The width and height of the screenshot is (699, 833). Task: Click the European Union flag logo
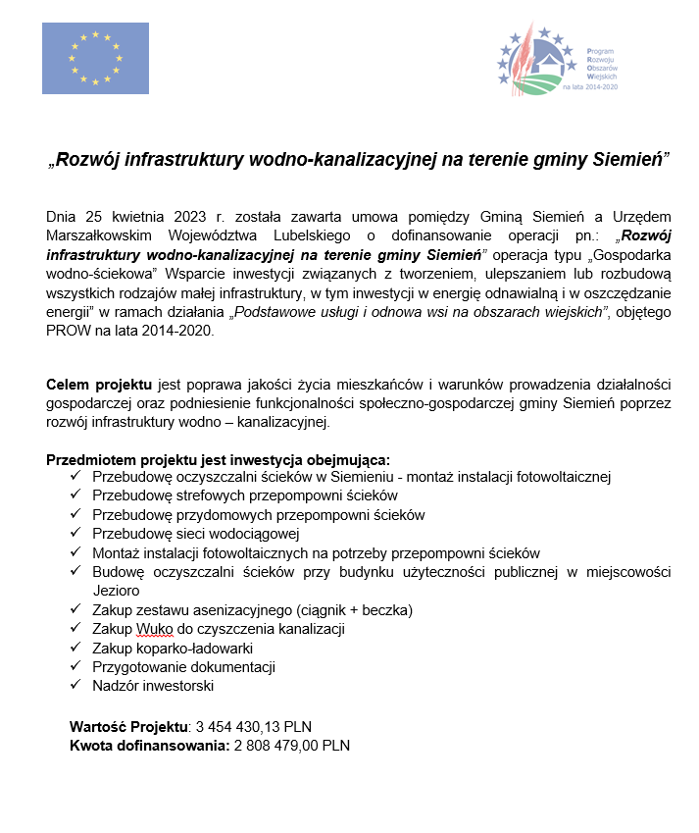(95, 59)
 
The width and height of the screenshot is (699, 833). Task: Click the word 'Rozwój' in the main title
(89, 159)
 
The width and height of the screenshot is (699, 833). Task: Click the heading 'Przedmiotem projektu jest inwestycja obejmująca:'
(218, 459)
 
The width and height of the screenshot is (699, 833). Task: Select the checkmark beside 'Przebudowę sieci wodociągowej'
(75, 533)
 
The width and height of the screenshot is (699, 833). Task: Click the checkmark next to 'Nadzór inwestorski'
(75, 685)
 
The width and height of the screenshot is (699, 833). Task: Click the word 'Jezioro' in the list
(116, 591)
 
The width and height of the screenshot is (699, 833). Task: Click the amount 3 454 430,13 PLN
(253, 727)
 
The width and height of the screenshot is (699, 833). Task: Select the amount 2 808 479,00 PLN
(291, 746)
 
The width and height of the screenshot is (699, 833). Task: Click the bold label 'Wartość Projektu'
(127, 727)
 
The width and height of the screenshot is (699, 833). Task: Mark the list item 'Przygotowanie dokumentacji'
(183, 666)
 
